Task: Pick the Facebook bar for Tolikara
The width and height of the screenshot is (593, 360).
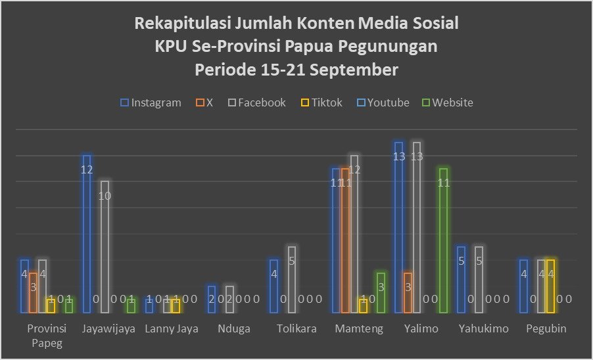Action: coord(292,279)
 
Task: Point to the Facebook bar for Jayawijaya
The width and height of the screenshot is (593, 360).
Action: coord(105,246)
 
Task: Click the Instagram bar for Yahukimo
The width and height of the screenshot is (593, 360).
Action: coord(462,279)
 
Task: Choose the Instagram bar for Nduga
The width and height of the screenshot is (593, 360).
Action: coord(212,299)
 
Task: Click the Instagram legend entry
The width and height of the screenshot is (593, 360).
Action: coord(151,102)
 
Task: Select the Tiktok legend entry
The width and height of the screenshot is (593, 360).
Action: coord(321,102)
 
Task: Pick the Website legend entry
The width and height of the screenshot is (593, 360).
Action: coord(447,102)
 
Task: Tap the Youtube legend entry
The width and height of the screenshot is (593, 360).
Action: coord(383,102)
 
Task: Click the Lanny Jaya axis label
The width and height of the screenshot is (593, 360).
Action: coord(171,329)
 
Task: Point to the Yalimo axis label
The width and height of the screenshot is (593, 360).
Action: coord(421,329)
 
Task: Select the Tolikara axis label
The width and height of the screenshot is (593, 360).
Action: coord(296,329)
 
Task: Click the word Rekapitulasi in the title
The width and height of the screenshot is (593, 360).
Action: coord(177,24)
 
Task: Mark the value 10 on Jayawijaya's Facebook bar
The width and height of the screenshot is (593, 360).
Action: coord(105,196)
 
